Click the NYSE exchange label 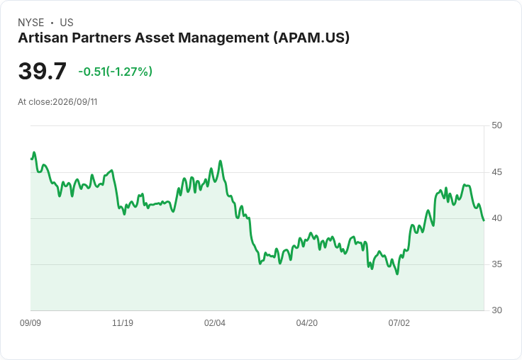click(x=31, y=23)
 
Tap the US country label click(x=67, y=23)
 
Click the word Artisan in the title click(x=43, y=38)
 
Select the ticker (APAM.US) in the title click(x=311, y=38)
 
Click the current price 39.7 click(x=43, y=71)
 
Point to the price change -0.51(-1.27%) click(x=115, y=72)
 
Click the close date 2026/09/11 click(x=75, y=102)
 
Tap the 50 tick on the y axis click(x=496, y=125)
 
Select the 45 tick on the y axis click(x=496, y=172)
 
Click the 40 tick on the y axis click(x=496, y=218)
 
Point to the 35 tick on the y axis click(x=496, y=264)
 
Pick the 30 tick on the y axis click(x=496, y=310)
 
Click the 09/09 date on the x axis click(x=30, y=323)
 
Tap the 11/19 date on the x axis click(x=123, y=323)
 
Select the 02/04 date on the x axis click(x=215, y=323)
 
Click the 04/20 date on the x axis click(x=307, y=323)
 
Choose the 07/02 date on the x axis click(x=399, y=323)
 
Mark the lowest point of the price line click(x=397, y=274)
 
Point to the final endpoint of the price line click(x=484, y=220)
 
